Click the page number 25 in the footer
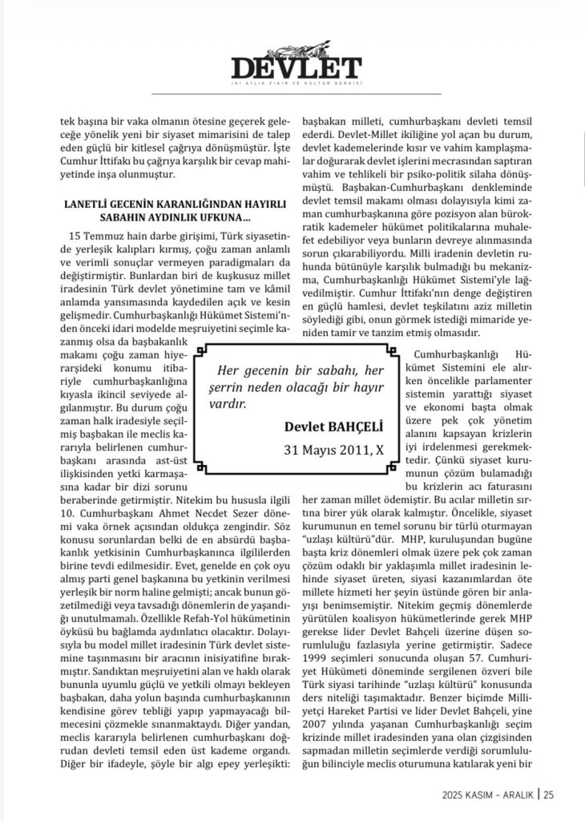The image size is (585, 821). point(549,795)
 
